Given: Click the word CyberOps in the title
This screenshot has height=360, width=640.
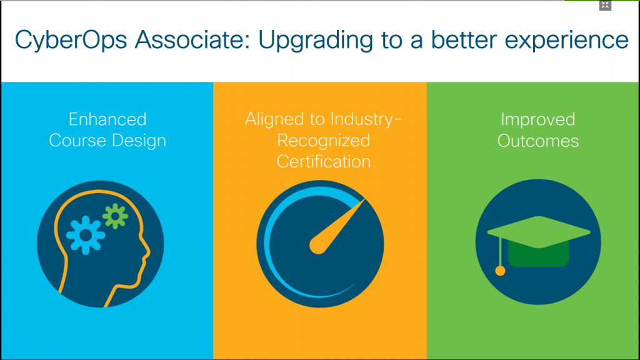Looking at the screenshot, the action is click(71, 40).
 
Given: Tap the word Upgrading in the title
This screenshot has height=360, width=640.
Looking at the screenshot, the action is click(316, 41).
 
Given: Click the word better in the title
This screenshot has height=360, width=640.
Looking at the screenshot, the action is click(463, 39).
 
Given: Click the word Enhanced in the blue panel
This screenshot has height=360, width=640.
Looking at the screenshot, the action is click(107, 119).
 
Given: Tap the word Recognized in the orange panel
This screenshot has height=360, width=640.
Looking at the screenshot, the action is click(323, 141).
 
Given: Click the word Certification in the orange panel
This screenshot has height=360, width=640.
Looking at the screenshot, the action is click(323, 162).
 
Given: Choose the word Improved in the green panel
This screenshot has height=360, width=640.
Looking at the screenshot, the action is click(538, 119).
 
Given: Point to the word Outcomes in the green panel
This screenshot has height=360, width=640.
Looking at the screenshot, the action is click(538, 141).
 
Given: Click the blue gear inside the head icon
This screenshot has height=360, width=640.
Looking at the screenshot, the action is click(85, 235).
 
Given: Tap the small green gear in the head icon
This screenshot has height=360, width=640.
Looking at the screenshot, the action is click(115, 216).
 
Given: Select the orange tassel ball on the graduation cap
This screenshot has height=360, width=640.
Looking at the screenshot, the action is click(500, 271).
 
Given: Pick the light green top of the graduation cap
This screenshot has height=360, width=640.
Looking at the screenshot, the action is click(538, 232).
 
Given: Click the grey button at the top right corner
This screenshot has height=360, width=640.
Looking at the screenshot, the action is click(605, 5).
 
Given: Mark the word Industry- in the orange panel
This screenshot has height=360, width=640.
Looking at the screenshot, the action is click(366, 119).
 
